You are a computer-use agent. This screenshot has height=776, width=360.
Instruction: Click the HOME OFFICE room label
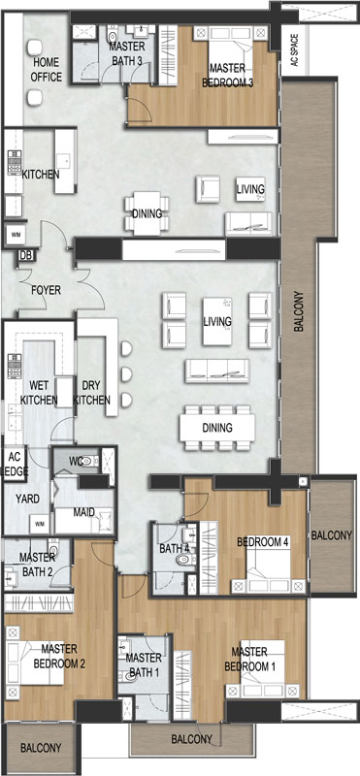point(47,70)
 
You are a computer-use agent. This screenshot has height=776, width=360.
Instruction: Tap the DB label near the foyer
point(23,255)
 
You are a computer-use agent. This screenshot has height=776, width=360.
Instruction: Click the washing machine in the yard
point(39,524)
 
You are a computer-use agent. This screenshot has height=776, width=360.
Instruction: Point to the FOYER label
point(46,290)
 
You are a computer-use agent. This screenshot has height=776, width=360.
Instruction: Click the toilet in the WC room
point(89,462)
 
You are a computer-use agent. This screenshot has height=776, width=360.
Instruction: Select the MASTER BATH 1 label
point(144,664)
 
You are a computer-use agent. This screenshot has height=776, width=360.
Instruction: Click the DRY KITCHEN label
point(91,393)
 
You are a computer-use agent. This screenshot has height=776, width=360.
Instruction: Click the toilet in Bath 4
point(184,560)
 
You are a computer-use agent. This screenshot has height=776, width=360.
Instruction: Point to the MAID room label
point(84,512)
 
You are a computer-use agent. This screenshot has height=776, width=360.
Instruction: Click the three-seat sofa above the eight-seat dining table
point(217,372)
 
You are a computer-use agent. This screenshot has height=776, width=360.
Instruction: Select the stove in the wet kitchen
point(14,366)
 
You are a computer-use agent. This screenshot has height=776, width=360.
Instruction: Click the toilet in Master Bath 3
point(113,34)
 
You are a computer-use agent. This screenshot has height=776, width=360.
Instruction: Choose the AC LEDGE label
point(15,465)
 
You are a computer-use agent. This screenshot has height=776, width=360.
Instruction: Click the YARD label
point(27,499)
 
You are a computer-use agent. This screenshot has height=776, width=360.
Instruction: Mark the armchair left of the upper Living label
point(208,189)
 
